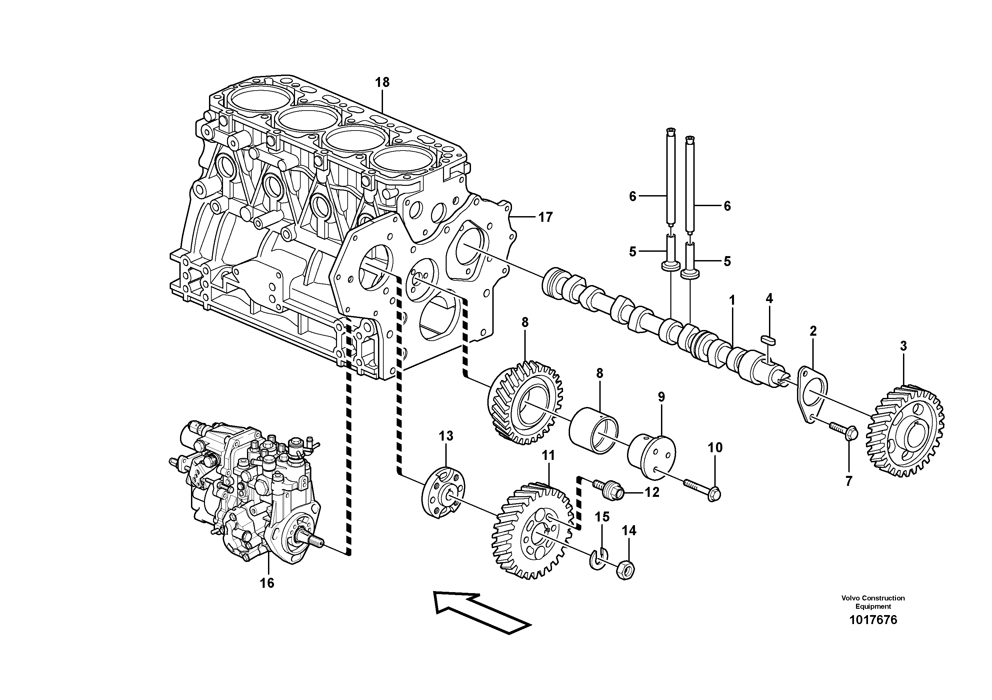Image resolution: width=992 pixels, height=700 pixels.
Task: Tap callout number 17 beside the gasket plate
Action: point(545,217)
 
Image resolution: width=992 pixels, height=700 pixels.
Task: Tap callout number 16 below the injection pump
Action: point(267,583)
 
